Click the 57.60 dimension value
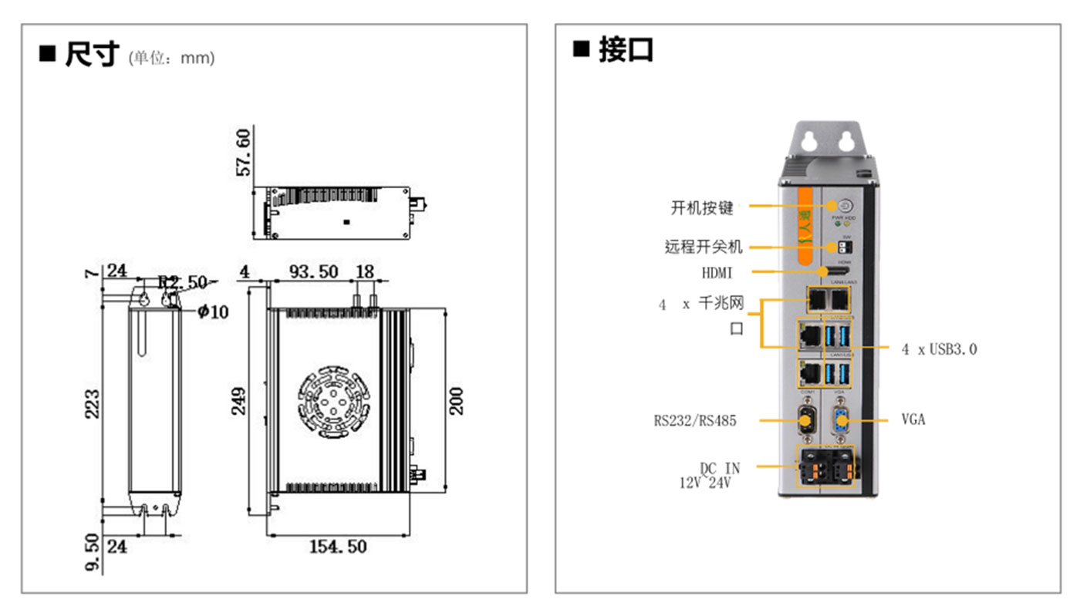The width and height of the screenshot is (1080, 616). [244, 153]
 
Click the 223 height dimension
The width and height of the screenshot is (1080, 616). [92, 402]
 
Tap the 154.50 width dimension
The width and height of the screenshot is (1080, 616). [338, 547]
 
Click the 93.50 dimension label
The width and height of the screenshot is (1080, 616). [312, 271]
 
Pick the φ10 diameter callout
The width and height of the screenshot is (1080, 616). [213, 311]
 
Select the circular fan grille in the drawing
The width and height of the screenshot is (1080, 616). [330, 400]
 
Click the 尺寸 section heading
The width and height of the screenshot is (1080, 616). [92, 55]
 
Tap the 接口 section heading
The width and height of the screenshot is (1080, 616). [626, 50]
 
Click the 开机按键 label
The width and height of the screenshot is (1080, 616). [701, 207]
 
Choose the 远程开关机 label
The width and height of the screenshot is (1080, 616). [703, 247]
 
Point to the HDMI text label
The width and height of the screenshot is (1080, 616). [717, 272]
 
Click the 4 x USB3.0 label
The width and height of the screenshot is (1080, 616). [939, 349]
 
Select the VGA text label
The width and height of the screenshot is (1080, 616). [913, 420]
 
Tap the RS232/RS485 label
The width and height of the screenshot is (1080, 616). [694, 421]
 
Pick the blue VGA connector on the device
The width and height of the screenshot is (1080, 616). [841, 421]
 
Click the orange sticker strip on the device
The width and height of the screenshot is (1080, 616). [806, 228]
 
